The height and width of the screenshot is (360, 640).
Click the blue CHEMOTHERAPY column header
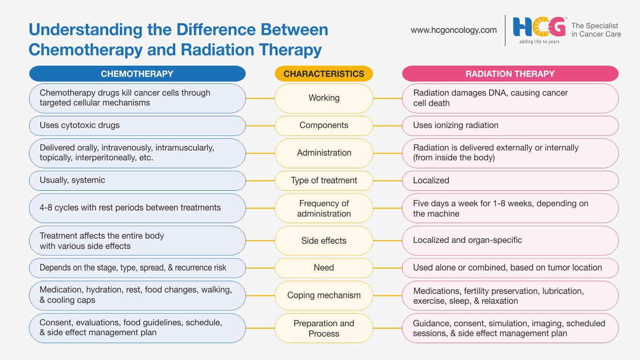137,74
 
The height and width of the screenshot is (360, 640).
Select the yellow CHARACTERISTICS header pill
324,74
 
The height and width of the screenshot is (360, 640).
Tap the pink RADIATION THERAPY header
510,74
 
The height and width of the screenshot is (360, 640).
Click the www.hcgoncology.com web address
454,30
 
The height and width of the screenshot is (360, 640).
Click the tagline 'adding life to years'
539,42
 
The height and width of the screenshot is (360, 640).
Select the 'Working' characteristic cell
324,98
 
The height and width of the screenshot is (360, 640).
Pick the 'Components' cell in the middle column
324,126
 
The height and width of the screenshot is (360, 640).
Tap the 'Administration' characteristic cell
324,153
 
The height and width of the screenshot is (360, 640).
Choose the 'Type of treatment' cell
324,181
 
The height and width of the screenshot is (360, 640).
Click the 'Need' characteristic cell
324,268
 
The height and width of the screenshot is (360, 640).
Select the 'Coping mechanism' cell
324,295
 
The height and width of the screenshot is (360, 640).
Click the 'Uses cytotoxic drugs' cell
137,126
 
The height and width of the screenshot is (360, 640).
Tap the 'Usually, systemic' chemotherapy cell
137,181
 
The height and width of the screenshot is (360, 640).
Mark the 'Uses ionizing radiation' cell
510,126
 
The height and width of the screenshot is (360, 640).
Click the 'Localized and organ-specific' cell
510,240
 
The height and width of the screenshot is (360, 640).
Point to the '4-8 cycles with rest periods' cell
137,208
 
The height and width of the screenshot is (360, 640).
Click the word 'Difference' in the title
216,30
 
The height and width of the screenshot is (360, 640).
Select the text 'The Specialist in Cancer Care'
596,30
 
